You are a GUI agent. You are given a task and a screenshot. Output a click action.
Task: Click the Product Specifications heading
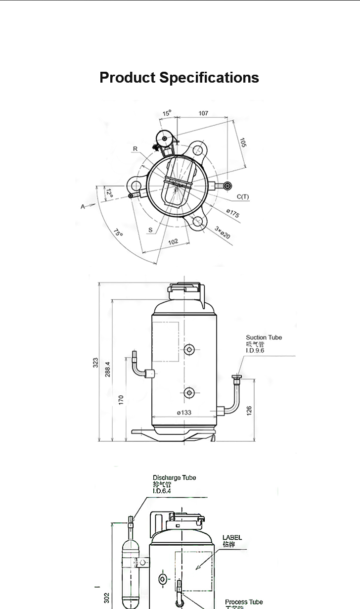coord(179,78)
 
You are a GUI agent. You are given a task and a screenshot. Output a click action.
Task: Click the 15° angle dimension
coord(167,113)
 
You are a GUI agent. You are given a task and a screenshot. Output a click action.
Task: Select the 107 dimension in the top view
coord(203,113)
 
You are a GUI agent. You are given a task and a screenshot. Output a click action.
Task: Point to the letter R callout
coord(135,148)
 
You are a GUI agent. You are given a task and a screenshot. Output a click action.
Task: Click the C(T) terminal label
coord(242,197)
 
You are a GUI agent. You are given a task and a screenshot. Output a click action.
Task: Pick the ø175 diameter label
coord(232,214)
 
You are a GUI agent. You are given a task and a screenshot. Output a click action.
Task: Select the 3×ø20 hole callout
coord(223,233)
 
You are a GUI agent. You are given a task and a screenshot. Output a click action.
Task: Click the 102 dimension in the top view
coord(173,242)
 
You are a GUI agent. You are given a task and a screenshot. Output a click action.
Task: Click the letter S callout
coord(150,230)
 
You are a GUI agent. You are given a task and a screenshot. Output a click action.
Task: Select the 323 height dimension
coord(95,363)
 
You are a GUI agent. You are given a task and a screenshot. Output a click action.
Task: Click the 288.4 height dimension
coord(108,369)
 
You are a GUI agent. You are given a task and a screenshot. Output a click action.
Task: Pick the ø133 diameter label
coord(184,412)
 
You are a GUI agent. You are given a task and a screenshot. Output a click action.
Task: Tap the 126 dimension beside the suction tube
coord(249,410)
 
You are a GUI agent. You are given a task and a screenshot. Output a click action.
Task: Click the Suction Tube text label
coord(264,337)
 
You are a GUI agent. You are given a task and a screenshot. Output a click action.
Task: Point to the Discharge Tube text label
coord(174,477)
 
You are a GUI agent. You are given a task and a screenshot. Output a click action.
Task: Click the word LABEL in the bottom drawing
coord(232,537)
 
